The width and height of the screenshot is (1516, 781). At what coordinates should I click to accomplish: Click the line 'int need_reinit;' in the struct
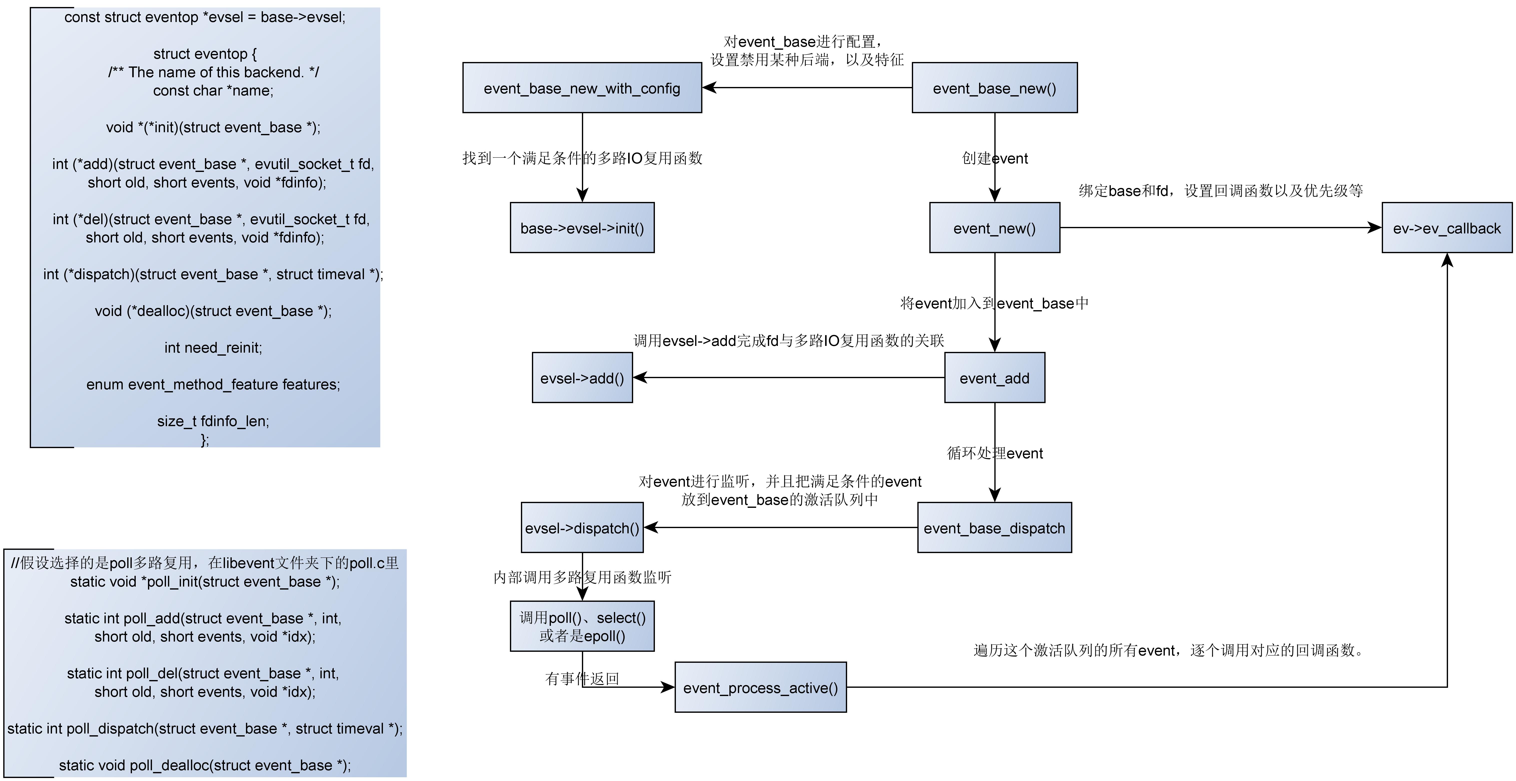(x=213, y=348)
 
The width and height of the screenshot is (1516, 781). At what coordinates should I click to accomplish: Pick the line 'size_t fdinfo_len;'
(x=213, y=421)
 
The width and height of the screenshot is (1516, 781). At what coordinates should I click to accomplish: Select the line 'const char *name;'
(x=213, y=91)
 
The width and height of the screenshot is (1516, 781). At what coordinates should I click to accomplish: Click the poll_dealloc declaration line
(x=205, y=765)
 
